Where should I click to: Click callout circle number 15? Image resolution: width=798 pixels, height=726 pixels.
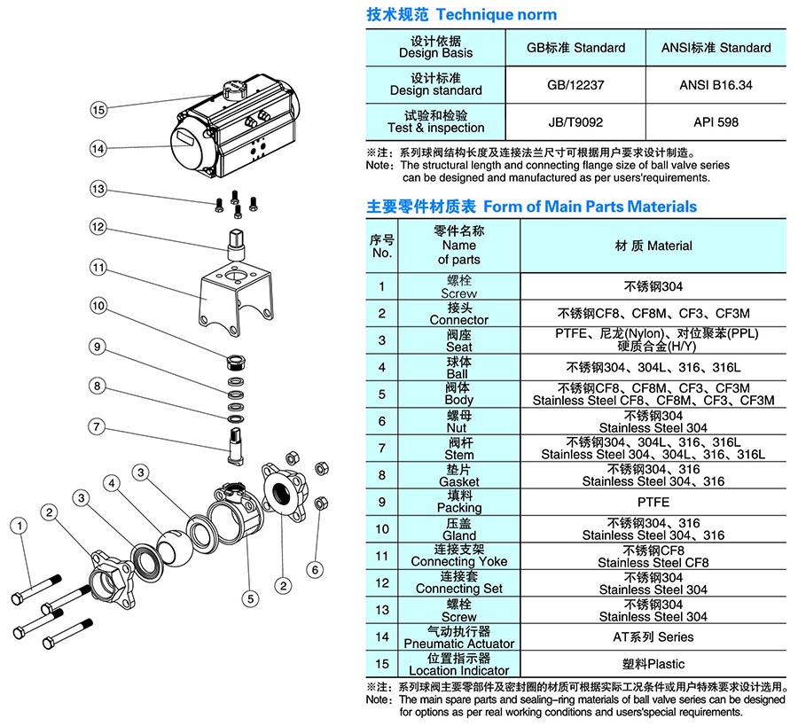coord(98,110)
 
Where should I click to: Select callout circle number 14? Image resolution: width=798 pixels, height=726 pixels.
coord(98,148)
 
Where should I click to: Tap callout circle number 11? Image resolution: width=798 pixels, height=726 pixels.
coord(98,267)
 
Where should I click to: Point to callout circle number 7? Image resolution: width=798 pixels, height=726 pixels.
coord(98,426)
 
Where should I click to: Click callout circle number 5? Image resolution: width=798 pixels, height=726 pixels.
coord(251,599)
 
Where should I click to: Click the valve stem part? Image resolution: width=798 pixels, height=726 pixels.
coord(235,441)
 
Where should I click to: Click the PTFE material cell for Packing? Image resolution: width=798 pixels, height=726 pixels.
coord(653,502)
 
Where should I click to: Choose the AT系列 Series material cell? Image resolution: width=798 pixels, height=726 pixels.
coord(653,636)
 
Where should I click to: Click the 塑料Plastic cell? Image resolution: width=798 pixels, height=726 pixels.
coord(653,663)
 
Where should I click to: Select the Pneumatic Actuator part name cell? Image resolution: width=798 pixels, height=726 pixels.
coord(458,636)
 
